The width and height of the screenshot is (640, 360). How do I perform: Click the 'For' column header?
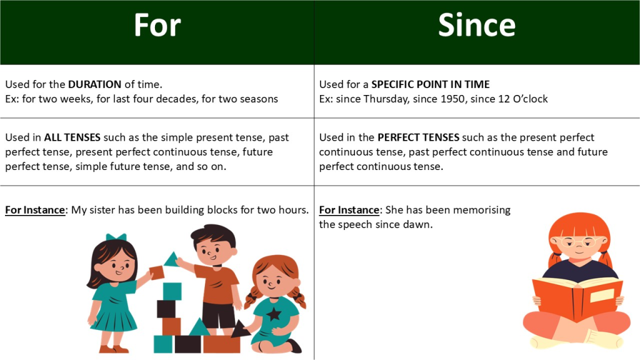coord(157,25)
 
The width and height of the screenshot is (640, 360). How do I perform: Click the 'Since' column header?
coord(477,25)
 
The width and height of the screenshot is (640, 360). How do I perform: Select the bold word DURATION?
coord(95,84)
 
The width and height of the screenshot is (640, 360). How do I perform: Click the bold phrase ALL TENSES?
coord(72,137)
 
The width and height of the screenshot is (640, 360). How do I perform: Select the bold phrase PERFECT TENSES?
coord(418,137)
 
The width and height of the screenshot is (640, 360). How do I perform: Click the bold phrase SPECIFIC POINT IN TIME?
coord(430,84)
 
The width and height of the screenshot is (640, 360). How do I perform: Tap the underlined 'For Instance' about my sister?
coord(35,210)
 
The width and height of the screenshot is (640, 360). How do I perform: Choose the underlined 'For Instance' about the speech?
coord(349,210)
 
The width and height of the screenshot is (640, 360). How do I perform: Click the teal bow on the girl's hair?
coord(116,237)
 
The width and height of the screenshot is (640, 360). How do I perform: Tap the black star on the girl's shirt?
coord(274,314)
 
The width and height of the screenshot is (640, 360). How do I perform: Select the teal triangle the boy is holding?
coord(172,259)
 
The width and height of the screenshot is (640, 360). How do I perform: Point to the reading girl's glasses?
coord(580,242)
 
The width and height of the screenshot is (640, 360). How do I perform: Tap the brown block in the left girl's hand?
coord(157,272)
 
